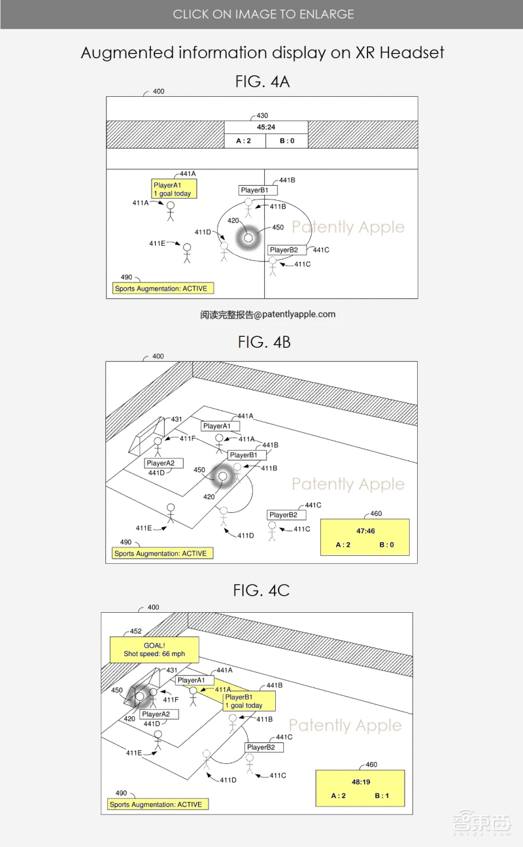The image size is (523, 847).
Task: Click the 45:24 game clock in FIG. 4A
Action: pyautogui.click(x=266, y=127)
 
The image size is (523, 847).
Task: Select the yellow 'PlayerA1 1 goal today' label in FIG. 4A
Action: pyautogui.click(x=174, y=189)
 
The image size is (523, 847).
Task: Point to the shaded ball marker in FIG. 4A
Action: pyautogui.click(x=248, y=238)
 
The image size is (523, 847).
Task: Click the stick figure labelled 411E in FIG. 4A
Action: pyautogui.click(x=187, y=253)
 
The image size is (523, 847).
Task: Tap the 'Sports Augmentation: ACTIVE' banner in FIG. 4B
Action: pyautogui.click(x=162, y=553)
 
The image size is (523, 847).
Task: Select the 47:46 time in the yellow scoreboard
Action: pyautogui.click(x=365, y=531)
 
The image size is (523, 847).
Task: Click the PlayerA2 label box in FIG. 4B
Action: pyautogui.click(x=163, y=463)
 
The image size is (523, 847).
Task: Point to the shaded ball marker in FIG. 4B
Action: pyautogui.click(x=223, y=476)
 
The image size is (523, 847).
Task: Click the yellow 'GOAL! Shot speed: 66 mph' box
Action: pyautogui.click(x=154, y=649)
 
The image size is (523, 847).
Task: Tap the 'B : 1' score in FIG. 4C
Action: pyautogui.click(x=382, y=795)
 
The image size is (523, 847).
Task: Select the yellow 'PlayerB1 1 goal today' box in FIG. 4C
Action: pyautogui.click(x=249, y=701)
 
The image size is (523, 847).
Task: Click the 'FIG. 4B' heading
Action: pyautogui.click(x=264, y=342)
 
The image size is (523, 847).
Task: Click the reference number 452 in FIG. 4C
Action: pyautogui.click(x=136, y=631)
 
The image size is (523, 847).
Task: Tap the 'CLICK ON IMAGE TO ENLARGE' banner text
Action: pyautogui.click(x=263, y=14)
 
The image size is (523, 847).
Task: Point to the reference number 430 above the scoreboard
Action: pyautogui.click(x=262, y=115)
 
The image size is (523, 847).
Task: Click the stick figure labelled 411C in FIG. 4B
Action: pyautogui.click(x=272, y=531)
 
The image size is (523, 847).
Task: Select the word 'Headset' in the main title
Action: pyautogui.click(x=411, y=52)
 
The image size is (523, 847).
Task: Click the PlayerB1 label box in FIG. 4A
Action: pyautogui.click(x=258, y=190)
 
